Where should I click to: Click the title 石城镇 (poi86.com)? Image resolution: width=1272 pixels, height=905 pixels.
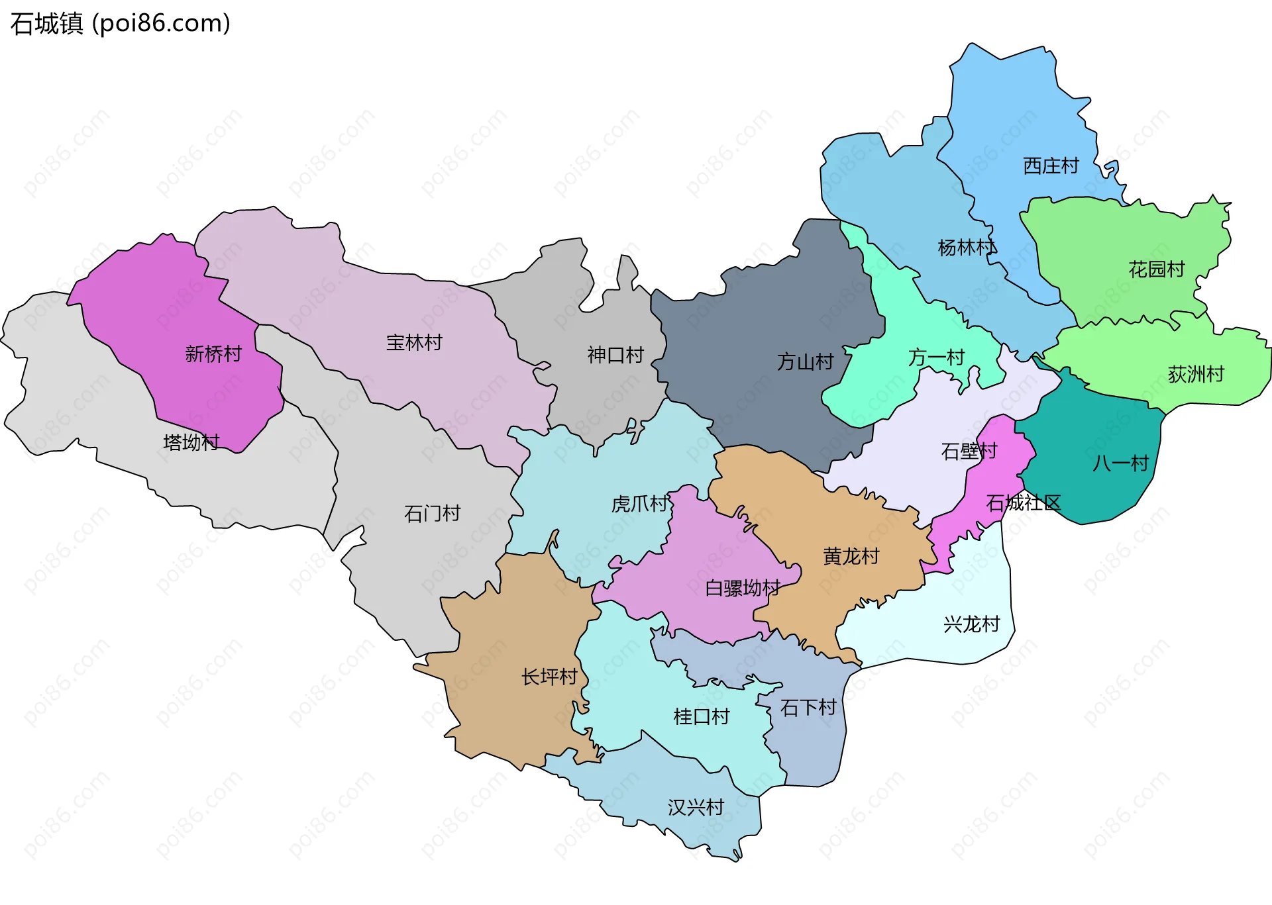pyautogui.click(x=120, y=24)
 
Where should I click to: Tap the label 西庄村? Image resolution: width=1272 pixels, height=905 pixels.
pyautogui.click(x=1051, y=166)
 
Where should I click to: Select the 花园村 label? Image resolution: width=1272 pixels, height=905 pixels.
pyautogui.click(x=1156, y=269)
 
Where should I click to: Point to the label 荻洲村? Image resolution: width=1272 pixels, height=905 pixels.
pyautogui.click(x=1195, y=375)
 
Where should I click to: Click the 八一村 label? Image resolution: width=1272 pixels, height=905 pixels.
pyautogui.click(x=1120, y=463)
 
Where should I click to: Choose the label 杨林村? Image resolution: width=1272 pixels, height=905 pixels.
pyautogui.click(x=967, y=248)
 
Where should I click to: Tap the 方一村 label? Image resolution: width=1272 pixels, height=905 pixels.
pyautogui.click(x=936, y=357)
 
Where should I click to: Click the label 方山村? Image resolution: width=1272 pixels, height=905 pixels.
pyautogui.click(x=805, y=362)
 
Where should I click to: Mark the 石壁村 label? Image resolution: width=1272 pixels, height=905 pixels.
pyautogui.click(x=969, y=452)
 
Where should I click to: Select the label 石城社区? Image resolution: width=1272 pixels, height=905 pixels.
pyautogui.click(x=1023, y=503)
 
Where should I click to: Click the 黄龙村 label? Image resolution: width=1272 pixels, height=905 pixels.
pyautogui.click(x=851, y=556)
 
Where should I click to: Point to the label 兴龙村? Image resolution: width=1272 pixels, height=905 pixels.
pyautogui.click(x=971, y=624)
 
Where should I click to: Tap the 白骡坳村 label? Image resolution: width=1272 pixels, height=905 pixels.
pyautogui.click(x=742, y=588)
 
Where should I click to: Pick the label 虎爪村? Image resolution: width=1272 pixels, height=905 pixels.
pyautogui.click(x=639, y=504)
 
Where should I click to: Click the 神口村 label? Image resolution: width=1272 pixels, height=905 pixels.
pyautogui.click(x=615, y=356)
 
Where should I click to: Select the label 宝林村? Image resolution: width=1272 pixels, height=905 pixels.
pyautogui.click(x=414, y=343)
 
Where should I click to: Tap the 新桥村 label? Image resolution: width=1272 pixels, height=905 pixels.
pyautogui.click(x=213, y=354)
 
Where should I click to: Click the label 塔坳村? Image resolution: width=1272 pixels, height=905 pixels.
pyautogui.click(x=191, y=442)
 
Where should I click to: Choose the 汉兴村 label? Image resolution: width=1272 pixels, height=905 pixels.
pyautogui.click(x=696, y=808)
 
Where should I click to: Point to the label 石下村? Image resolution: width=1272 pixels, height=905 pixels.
pyautogui.click(x=808, y=708)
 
